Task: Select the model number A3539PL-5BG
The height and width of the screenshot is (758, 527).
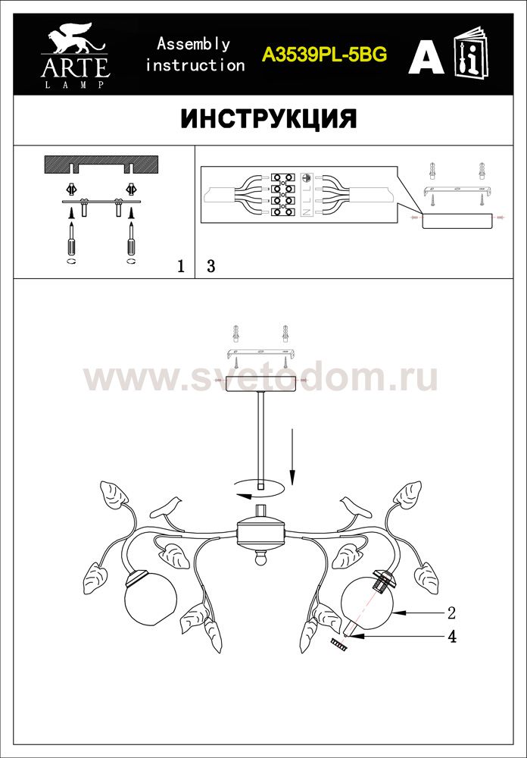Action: pos(324,55)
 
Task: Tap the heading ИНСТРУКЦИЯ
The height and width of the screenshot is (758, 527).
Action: pos(269,119)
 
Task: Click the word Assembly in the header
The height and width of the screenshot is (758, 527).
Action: pos(193,45)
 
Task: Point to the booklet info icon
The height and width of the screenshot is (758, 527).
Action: pos(471,52)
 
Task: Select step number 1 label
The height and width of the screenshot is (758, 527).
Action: pos(181,266)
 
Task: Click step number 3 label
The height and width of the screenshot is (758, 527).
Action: pos(210,266)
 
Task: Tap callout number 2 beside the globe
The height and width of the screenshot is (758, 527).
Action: pos(451,613)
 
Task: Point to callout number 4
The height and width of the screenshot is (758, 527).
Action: pos(451,637)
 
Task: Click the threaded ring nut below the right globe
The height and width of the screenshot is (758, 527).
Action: pos(339,644)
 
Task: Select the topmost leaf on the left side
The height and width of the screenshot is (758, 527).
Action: pos(114,493)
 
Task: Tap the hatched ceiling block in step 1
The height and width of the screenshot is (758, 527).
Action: pos(101,165)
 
